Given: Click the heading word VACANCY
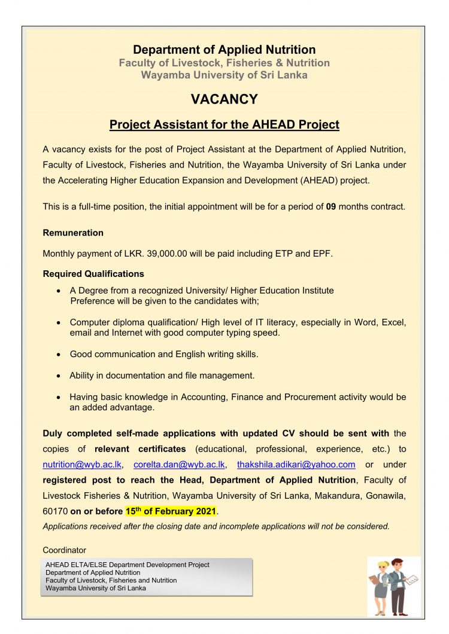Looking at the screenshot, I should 224,99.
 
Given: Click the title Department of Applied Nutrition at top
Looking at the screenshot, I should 224,50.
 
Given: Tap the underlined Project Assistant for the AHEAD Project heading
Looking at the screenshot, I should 224,125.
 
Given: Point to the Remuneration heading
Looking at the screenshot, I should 73,233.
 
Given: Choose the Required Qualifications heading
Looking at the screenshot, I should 93,274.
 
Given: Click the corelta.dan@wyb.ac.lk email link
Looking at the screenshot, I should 179,464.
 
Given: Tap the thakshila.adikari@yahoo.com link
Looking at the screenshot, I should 296,464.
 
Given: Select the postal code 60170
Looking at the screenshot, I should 55,511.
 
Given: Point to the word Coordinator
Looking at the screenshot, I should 65,550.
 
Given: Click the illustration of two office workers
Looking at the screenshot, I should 393,586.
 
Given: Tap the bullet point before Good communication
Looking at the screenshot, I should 57,355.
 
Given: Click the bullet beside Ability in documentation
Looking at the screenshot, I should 57,376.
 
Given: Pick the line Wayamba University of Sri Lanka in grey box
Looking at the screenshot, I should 96,588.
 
